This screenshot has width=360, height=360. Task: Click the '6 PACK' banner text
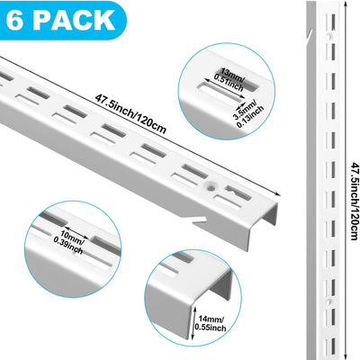tap(60, 20)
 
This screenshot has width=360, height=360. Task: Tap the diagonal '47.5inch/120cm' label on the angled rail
tap(130, 114)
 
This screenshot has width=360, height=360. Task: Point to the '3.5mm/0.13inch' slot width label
tap(250, 114)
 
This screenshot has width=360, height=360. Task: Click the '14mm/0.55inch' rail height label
tap(211, 323)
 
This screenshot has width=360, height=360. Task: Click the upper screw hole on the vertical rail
tap(330, 36)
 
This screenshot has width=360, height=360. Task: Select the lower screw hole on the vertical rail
tap(330, 301)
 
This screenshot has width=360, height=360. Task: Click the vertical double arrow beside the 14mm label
tap(193, 322)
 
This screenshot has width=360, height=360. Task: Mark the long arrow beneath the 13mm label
tap(224, 89)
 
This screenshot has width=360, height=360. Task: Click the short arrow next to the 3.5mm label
tap(240, 105)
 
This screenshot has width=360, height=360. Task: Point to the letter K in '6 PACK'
tap(104, 20)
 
